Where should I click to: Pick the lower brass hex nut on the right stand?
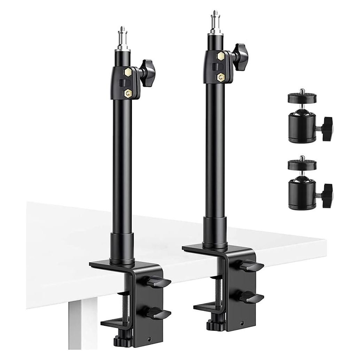pyautogui.click(x=220, y=77)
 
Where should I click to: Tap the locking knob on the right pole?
pyautogui.click(x=240, y=53)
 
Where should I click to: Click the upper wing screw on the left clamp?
pyautogui.click(x=158, y=281)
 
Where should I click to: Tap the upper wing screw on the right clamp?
pyautogui.click(x=251, y=266)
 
